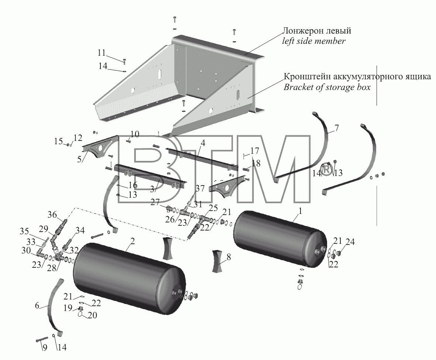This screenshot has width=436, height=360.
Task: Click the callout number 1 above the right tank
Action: tap(300, 211)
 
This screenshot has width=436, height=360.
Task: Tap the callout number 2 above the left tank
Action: tap(133, 241)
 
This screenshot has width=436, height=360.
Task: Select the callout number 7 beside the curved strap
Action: tap(336, 128)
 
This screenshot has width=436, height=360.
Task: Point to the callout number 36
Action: tap(52, 215)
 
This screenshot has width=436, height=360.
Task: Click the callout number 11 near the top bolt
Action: tap(102, 52)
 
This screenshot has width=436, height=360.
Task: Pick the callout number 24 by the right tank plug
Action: tap(350, 242)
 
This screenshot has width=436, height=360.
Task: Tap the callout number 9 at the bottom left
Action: tap(45, 347)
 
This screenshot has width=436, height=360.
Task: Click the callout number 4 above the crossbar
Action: tap(203, 143)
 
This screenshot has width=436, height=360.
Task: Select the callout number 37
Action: tap(200, 188)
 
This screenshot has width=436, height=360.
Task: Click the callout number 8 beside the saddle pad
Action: tap(229, 257)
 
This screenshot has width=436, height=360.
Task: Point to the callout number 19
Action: tap(68, 308)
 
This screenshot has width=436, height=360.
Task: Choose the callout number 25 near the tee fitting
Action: tap(213, 208)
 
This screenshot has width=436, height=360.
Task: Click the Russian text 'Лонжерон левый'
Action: tap(317, 31)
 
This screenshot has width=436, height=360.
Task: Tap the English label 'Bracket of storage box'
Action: tap(327, 87)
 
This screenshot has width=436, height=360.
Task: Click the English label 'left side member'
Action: tap(314, 41)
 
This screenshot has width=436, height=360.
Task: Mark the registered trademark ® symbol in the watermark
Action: tap(327, 170)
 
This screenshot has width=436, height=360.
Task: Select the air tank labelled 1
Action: tap(280, 239)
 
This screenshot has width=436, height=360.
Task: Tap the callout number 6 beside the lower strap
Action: tap(37, 305)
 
